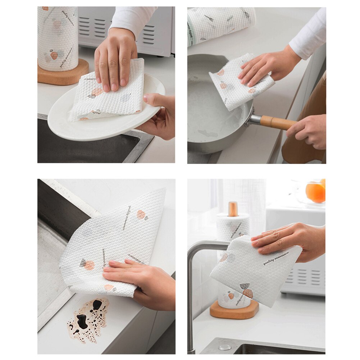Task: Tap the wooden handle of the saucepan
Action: point(277,123)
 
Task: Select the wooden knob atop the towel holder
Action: point(233,209)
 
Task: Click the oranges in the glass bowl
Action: point(315,192)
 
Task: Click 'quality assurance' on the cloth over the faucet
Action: point(276,258)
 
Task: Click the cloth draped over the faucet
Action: point(252,273)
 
